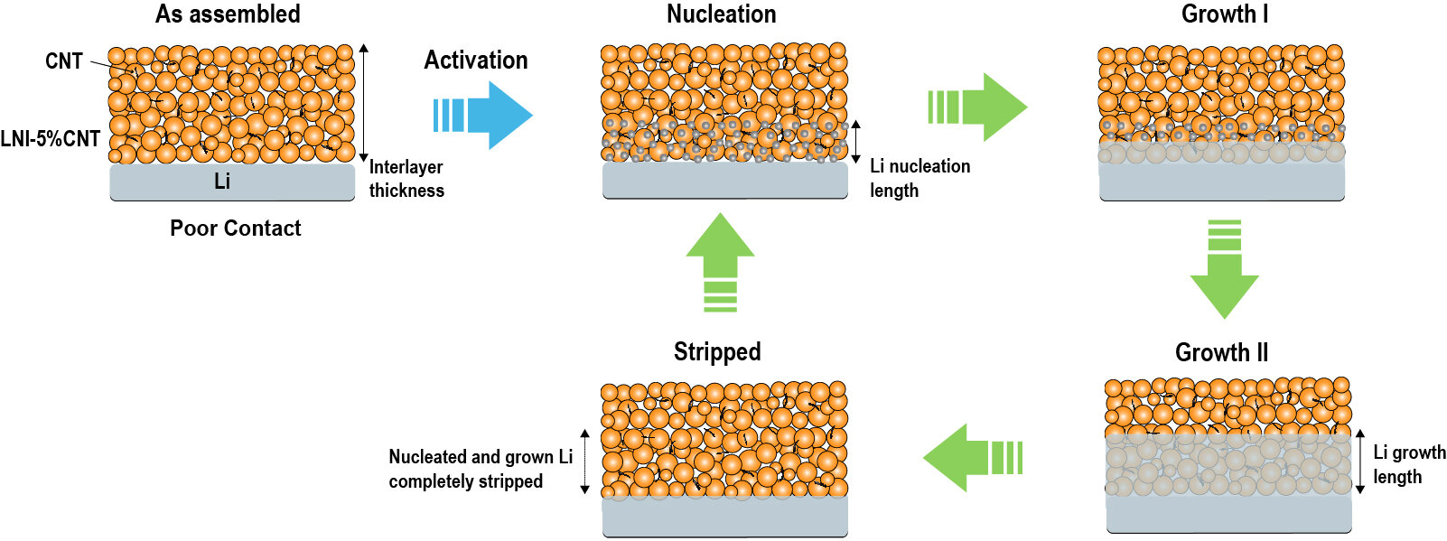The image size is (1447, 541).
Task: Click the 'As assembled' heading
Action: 228,14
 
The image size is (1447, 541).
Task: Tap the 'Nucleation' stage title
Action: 721,14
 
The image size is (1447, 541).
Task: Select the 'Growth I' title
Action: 1224,14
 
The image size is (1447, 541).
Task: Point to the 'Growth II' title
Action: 1221,352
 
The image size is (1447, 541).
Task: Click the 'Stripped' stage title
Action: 717,351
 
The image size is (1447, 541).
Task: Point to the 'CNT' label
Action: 63,61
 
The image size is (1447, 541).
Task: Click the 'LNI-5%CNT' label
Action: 50,139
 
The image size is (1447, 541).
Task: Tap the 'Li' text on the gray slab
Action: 222,182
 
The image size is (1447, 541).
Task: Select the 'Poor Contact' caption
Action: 235,229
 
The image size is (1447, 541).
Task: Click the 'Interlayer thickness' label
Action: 406,179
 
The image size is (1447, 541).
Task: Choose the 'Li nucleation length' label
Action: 920,178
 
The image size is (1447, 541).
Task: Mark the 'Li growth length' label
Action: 1409,464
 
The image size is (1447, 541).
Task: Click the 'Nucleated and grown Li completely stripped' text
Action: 480,469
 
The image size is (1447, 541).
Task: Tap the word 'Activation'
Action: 476,61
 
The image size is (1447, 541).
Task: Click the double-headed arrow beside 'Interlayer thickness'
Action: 364,102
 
